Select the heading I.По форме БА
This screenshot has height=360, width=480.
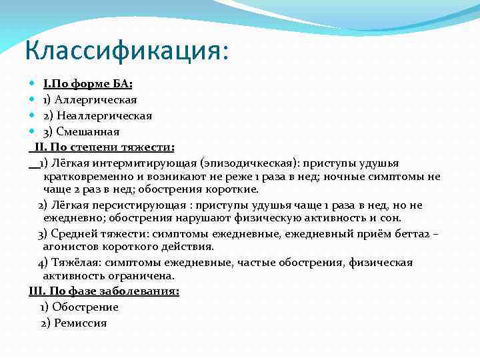pos(88,84)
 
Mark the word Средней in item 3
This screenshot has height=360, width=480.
pos(72,233)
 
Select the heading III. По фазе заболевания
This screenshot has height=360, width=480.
pos(104,291)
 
